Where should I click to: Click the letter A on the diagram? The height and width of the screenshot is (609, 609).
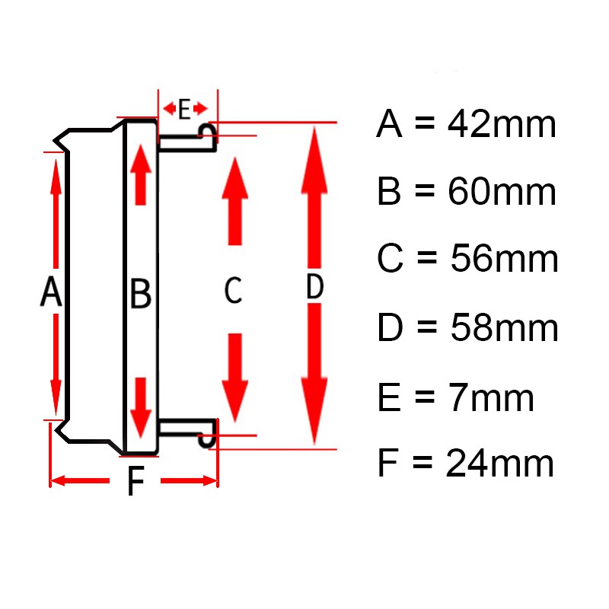(50, 292)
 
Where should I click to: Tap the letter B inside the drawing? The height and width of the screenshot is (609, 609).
(141, 294)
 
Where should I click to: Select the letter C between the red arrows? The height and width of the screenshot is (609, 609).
(233, 291)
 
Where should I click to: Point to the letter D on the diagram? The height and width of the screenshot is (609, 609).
(314, 288)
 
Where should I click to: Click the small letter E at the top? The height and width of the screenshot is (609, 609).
(183, 110)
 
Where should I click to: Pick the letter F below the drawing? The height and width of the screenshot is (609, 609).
(136, 481)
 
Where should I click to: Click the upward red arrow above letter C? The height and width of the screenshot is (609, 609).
(235, 202)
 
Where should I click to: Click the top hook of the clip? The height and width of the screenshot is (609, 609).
(208, 132)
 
